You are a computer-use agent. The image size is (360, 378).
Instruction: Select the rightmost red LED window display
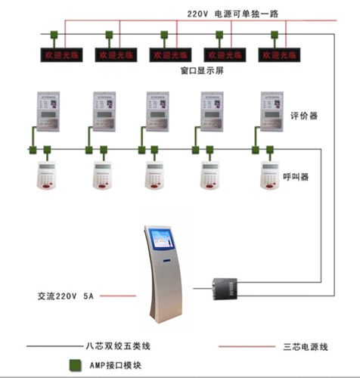(x=277, y=56)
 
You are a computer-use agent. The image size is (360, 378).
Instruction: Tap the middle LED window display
(x=168, y=56)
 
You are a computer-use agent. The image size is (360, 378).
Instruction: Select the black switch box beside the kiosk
(x=225, y=287)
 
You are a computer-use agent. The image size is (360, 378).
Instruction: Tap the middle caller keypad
(x=157, y=175)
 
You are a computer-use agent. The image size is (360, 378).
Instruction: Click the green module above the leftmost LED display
(x=54, y=35)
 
